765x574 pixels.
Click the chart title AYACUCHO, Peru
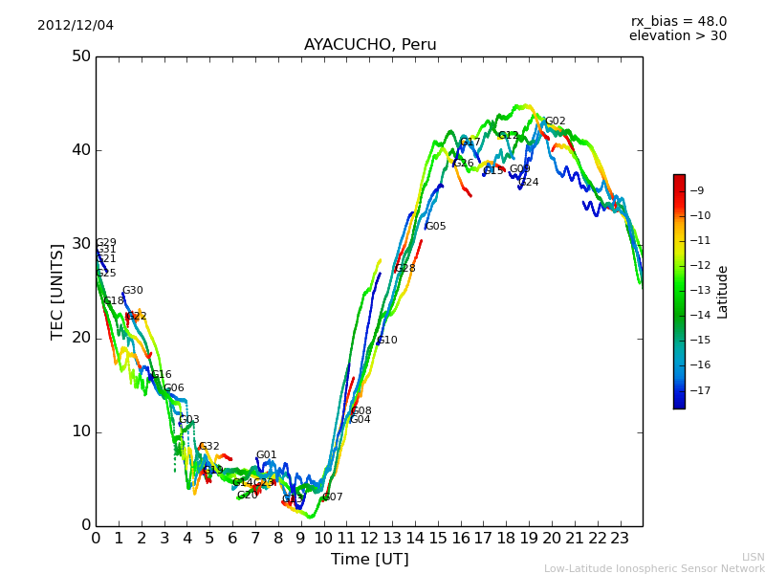[369, 45]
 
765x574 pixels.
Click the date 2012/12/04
[76, 25]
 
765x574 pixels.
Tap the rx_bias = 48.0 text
[678, 21]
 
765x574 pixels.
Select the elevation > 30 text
[677, 36]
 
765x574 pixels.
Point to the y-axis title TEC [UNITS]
[58, 291]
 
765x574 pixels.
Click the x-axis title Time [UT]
[369, 559]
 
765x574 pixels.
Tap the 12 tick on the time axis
[369, 538]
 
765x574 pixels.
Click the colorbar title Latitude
[723, 292]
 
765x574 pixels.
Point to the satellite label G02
[556, 121]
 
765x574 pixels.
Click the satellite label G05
[436, 227]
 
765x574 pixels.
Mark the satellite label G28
[405, 269]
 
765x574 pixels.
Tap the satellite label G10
[387, 341]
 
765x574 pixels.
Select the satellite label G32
[209, 447]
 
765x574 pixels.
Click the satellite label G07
[333, 497]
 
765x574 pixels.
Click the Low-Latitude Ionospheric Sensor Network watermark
[654, 568]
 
